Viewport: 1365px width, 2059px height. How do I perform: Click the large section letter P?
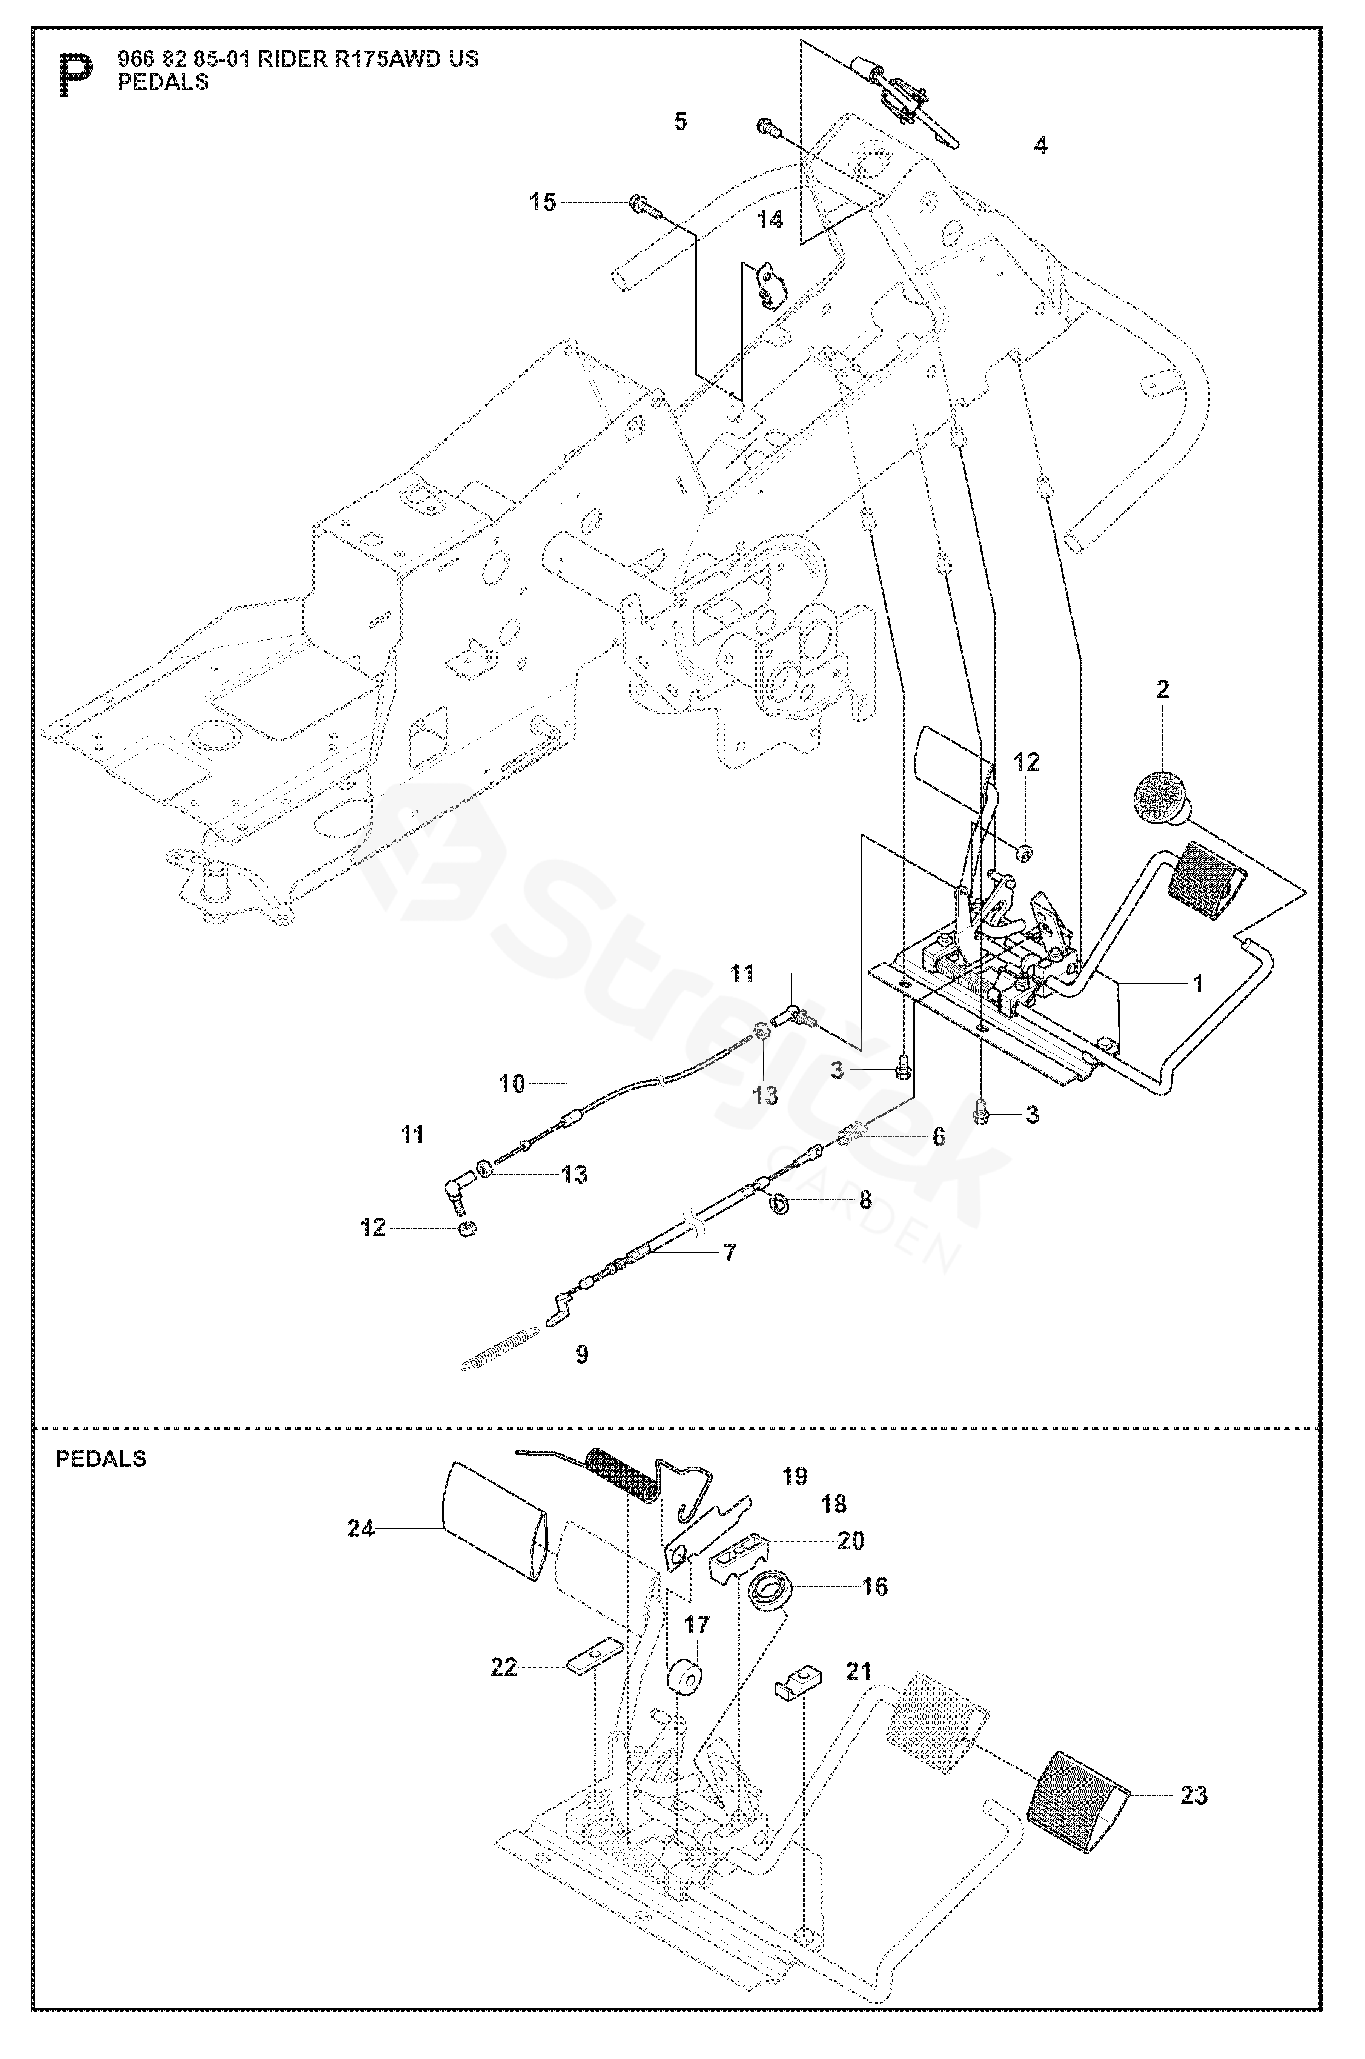[76, 76]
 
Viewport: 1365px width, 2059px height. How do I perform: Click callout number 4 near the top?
[1040, 145]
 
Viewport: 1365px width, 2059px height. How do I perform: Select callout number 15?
[543, 203]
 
